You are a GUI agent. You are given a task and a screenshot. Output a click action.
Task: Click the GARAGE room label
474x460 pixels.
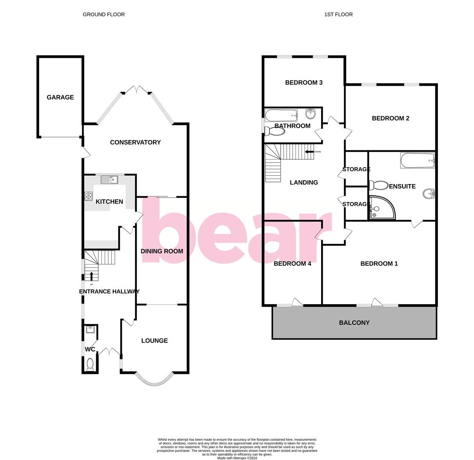60,98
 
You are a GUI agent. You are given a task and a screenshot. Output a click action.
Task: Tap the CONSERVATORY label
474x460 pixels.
135,142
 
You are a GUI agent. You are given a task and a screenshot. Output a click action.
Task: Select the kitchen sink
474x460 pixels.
109,180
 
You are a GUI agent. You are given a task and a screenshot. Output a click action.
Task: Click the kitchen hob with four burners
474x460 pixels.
89,196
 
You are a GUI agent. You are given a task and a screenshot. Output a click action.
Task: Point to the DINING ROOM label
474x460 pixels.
162,251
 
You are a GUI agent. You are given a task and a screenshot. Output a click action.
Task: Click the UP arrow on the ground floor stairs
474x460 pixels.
92,276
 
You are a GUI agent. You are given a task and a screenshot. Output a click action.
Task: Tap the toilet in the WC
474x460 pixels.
90,365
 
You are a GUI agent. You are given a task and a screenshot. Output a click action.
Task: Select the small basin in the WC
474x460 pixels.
90,329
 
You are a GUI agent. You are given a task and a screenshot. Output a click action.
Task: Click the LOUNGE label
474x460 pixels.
155,341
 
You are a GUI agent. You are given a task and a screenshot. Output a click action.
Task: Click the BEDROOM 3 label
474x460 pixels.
304,83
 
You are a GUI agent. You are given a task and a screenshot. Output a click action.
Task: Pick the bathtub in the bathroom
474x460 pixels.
281,115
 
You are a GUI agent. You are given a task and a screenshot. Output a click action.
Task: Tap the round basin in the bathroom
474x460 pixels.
310,114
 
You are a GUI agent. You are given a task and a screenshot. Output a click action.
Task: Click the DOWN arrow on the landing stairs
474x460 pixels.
309,152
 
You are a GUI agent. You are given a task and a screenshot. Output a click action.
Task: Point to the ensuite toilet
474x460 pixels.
377,185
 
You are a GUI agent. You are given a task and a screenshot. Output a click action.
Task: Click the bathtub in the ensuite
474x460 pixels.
417,161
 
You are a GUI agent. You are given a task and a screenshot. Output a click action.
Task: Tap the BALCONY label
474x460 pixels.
354,323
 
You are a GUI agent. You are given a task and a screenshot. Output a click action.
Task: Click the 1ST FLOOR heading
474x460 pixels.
338,14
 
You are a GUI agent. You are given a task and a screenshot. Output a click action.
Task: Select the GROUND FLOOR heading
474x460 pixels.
103,14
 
